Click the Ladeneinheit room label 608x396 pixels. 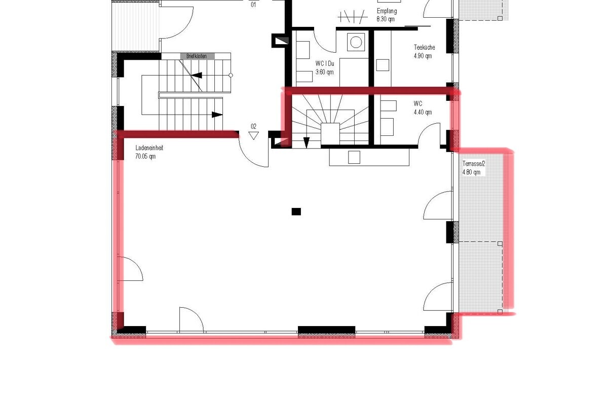click(x=149, y=148)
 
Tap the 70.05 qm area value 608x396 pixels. click(x=145, y=157)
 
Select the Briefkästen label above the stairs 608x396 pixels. click(x=197, y=56)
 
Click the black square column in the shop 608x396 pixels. click(x=296, y=211)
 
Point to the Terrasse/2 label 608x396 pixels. click(x=474, y=164)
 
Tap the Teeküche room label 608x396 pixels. click(x=424, y=48)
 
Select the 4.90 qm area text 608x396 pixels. click(x=423, y=56)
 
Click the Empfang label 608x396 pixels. click(x=387, y=11)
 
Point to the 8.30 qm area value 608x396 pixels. click(x=385, y=19)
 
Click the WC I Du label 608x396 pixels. click(x=325, y=64)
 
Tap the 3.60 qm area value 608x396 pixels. click(x=324, y=72)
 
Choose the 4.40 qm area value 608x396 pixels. click(x=423, y=112)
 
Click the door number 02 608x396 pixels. click(x=253, y=126)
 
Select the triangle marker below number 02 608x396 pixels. click(x=254, y=135)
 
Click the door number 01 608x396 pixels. click(x=253, y=5)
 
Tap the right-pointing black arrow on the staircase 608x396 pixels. click(x=217, y=115)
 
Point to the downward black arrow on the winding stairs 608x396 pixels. click(x=306, y=142)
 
